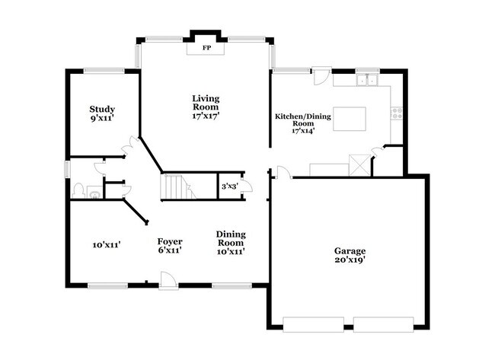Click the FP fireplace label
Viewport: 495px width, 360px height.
coord(206,48)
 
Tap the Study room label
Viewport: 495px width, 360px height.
coord(102,109)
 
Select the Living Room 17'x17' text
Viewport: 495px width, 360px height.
coord(206,107)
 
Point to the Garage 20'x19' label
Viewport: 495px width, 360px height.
coord(350,255)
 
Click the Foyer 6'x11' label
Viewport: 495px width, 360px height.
coord(170,246)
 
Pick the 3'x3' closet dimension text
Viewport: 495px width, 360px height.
coord(229,186)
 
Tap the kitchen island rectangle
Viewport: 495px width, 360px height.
coord(350,119)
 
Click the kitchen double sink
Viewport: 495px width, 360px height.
coord(368,80)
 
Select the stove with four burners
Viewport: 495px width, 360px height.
coord(397,113)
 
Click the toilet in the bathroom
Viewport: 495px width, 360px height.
coord(78,191)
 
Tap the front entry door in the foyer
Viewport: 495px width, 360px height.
coord(168,280)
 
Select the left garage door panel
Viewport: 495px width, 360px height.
coord(313,325)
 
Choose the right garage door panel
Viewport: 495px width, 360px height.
coord(383,325)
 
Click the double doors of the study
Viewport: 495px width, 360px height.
coord(130,146)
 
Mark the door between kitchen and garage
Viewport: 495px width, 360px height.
coord(284,172)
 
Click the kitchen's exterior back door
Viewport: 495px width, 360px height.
coord(321,75)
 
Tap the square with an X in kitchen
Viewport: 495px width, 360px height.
coord(359,165)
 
